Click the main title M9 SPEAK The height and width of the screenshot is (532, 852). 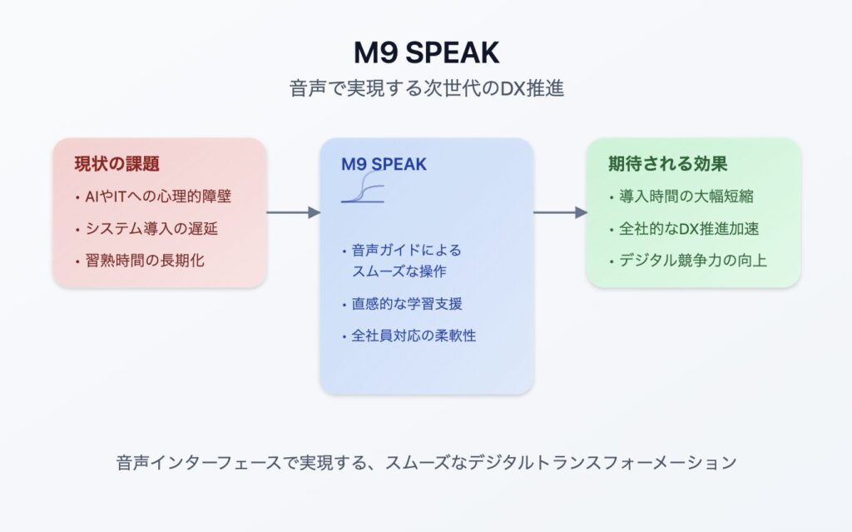426,52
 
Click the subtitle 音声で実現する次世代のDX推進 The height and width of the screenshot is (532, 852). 427,88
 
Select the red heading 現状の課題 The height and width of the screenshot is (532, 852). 116,164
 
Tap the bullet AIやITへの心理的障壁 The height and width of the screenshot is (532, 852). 158,196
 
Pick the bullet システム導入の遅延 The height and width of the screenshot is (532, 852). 151,228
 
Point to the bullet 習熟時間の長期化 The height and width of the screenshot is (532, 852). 145,261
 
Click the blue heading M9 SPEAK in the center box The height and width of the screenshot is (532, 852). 384,164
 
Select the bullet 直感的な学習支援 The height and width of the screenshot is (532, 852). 407,304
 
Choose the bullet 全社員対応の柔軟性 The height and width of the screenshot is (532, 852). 414,336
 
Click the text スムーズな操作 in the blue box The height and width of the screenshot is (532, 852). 399,271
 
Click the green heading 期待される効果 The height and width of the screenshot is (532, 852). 668,164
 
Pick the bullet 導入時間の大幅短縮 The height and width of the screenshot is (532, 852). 686,196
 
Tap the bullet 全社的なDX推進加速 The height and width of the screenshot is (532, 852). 689,228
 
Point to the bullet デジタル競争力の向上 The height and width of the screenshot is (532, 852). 693,261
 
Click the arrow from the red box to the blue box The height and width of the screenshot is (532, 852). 294,212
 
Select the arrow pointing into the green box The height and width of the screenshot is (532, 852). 560,212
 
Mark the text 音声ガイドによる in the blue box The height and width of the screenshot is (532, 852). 406,251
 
